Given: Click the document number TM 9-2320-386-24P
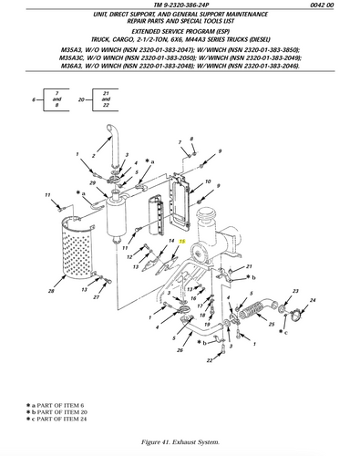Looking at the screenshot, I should point(180,6).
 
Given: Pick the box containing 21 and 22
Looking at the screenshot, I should point(107,98).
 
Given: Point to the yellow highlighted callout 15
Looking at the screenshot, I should point(181,242).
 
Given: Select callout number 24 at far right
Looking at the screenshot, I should point(313,299).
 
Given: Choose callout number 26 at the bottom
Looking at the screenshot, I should point(180,349).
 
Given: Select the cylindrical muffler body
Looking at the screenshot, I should point(120,219).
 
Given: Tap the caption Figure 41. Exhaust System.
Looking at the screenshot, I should point(180,441).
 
